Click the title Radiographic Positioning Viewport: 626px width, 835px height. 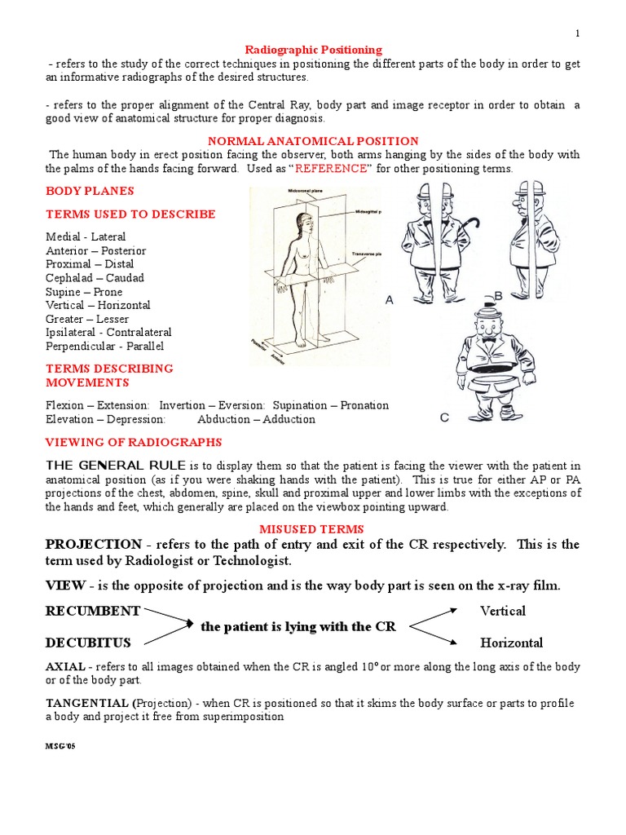pos(313,50)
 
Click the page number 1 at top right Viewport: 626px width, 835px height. pos(577,33)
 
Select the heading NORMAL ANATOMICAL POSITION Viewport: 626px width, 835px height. pos(313,141)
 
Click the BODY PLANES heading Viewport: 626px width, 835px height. pos(90,191)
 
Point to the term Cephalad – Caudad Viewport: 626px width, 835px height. pos(95,278)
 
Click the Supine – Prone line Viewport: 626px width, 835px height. pos(84,292)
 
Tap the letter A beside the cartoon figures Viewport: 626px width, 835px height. pos(389,300)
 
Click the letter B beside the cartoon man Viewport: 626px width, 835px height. pos(498,296)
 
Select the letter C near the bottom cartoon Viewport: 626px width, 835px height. pos(444,417)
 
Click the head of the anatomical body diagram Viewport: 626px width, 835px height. pos(304,220)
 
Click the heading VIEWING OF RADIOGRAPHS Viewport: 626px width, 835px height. pos(134,442)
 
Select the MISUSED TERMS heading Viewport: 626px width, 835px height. pos(313,529)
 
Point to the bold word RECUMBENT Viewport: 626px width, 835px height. pos(93,611)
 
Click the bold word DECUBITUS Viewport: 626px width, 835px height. pos(88,643)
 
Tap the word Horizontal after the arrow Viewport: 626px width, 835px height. pos(511,643)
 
